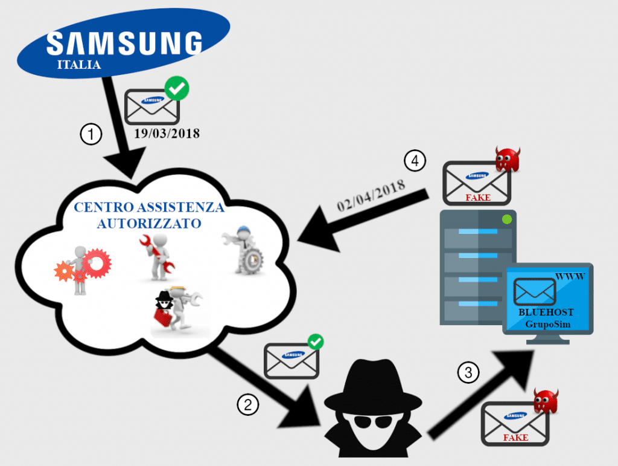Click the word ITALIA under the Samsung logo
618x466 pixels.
point(78,65)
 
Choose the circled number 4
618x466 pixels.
point(415,161)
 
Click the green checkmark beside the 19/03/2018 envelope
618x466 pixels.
point(176,89)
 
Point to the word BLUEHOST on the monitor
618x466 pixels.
point(546,312)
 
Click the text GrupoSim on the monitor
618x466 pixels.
point(547,325)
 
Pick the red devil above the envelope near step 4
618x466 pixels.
point(508,159)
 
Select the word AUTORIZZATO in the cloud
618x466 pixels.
point(149,223)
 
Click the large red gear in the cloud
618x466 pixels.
point(96,264)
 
